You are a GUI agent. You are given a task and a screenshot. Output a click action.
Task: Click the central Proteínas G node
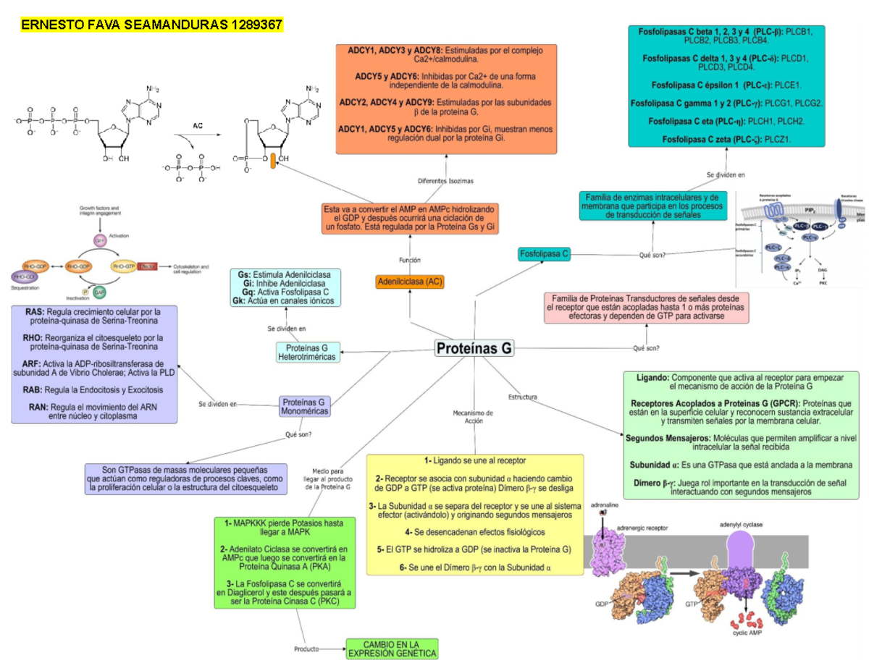(x=474, y=349)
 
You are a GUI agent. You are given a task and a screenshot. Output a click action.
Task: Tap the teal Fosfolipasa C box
(x=545, y=253)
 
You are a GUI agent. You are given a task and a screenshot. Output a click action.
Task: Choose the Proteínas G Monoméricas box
(x=305, y=406)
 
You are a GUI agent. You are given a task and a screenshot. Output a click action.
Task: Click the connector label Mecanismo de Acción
(x=473, y=416)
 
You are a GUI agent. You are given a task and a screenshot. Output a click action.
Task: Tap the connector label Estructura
(x=522, y=397)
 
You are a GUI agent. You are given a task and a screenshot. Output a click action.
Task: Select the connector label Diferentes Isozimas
(x=446, y=181)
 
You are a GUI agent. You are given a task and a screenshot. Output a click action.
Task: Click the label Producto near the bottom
(x=306, y=649)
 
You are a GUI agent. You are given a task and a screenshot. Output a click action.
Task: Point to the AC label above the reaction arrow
(x=198, y=126)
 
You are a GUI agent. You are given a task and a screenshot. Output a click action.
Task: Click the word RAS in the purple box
(x=34, y=312)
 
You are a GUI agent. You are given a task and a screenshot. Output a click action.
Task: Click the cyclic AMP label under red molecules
(x=745, y=632)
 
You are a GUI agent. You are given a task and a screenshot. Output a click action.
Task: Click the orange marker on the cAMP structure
(x=272, y=161)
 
